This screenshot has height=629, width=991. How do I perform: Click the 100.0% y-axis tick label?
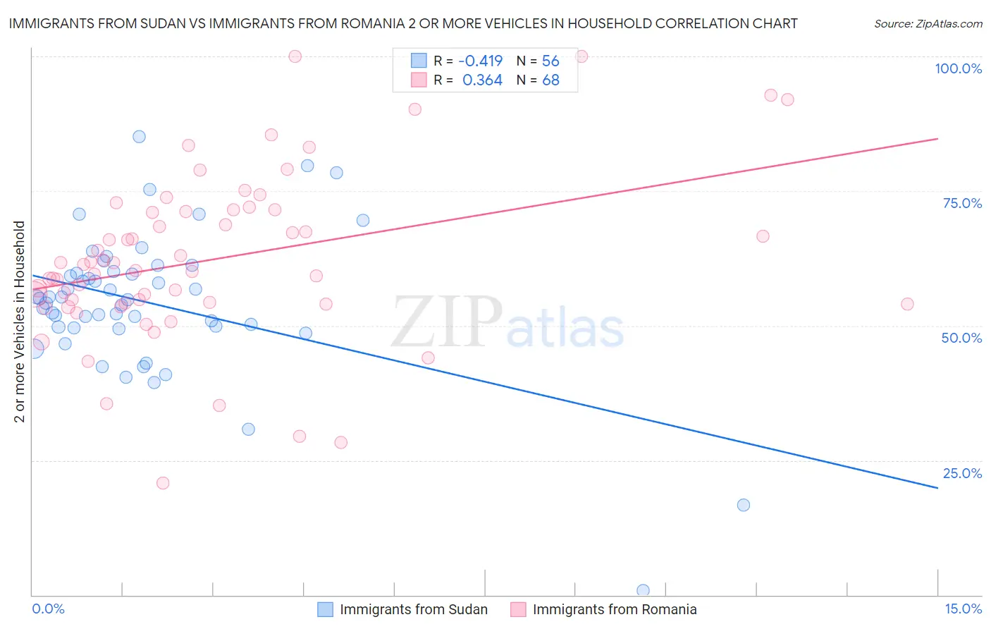coord(958,68)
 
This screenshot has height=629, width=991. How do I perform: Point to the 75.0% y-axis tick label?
coord(962,203)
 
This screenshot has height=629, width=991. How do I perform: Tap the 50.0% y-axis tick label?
coord(961,338)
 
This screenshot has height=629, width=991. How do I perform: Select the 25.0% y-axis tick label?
coord(961,473)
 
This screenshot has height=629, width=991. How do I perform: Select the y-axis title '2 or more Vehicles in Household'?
coord(19,322)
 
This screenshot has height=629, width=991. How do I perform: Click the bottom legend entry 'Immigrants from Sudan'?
coord(413,610)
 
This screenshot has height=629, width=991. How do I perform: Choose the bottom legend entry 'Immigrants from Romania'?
coord(614,610)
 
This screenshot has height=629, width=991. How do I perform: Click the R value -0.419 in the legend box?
coord(480,61)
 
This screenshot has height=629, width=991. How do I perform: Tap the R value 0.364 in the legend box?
coord(482,80)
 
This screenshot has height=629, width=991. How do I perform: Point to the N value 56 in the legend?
coord(550,61)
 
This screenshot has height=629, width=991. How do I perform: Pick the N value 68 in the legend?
coord(550,80)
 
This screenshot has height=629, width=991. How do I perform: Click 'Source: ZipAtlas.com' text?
coord(928,24)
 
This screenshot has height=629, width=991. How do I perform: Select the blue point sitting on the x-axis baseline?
coord(643,590)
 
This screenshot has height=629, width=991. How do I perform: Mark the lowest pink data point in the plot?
coord(163,483)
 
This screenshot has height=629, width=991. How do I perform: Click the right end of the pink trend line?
coord(937,139)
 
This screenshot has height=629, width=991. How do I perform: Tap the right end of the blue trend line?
coord(937,487)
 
